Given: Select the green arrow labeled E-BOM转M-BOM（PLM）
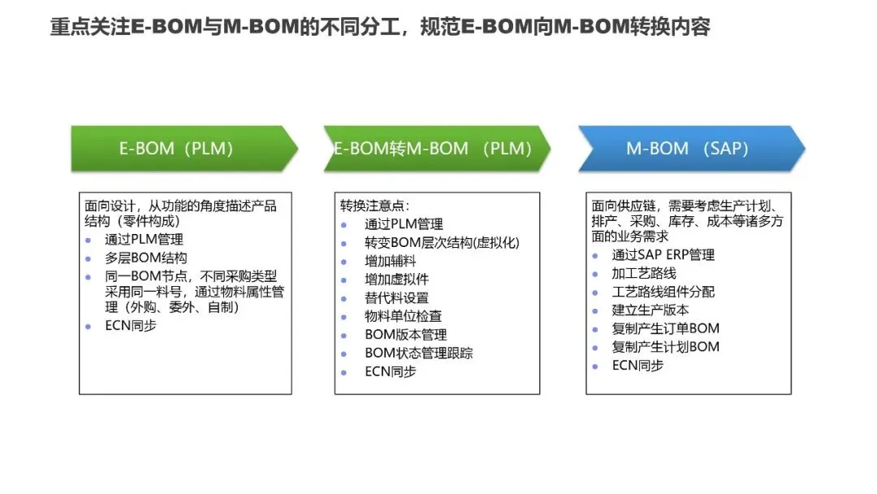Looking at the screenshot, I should tap(434, 149).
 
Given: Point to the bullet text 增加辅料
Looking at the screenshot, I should tap(390, 261).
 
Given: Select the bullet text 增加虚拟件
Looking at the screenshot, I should tap(396, 279).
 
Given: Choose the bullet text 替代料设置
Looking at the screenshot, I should tap(396, 297).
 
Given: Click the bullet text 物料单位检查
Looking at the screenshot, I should tap(403, 316).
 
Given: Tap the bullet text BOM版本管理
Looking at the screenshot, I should tap(405, 335).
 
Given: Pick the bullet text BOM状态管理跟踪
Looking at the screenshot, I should tap(418, 353).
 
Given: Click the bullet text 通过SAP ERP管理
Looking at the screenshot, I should tap(663, 254).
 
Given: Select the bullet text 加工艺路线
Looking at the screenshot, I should tap(644, 273).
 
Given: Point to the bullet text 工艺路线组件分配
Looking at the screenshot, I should tap(663, 292).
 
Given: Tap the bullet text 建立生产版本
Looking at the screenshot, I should tap(650, 310).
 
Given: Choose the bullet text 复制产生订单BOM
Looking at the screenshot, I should tap(665, 328).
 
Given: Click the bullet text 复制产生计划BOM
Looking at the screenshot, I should tap(665, 347).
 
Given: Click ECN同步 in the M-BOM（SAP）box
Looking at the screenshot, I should tap(637, 366).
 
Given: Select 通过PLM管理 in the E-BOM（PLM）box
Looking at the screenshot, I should tap(144, 240).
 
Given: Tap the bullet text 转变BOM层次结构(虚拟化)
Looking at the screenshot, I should tap(442, 242).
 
